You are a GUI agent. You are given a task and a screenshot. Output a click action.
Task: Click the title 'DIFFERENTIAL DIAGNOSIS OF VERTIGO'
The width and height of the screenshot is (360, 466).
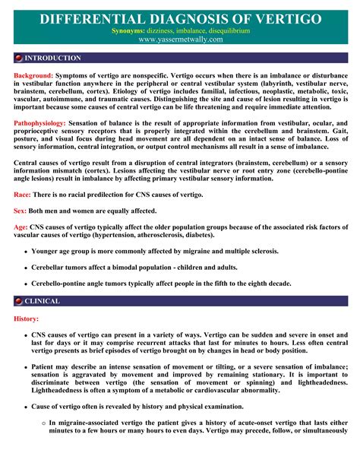tap(180, 17)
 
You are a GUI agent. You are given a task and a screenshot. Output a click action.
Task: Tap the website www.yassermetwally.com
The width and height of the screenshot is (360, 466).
tap(180, 40)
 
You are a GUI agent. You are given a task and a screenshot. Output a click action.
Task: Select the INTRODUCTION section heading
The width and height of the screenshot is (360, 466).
tap(52, 58)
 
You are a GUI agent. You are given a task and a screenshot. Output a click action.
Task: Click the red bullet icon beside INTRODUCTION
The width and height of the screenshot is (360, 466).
tap(19, 58)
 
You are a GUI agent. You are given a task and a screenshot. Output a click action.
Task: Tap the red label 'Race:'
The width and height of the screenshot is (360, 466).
tap(24, 196)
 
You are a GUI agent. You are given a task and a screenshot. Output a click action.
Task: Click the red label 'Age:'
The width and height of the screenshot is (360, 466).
tap(22, 227)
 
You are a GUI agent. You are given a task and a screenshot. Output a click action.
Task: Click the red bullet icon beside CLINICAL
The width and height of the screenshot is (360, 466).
tap(19, 301)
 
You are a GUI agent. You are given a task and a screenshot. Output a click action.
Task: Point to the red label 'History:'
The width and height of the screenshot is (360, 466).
tap(27, 319)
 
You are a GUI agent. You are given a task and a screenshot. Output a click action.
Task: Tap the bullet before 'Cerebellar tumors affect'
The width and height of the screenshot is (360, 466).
tap(27, 268)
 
